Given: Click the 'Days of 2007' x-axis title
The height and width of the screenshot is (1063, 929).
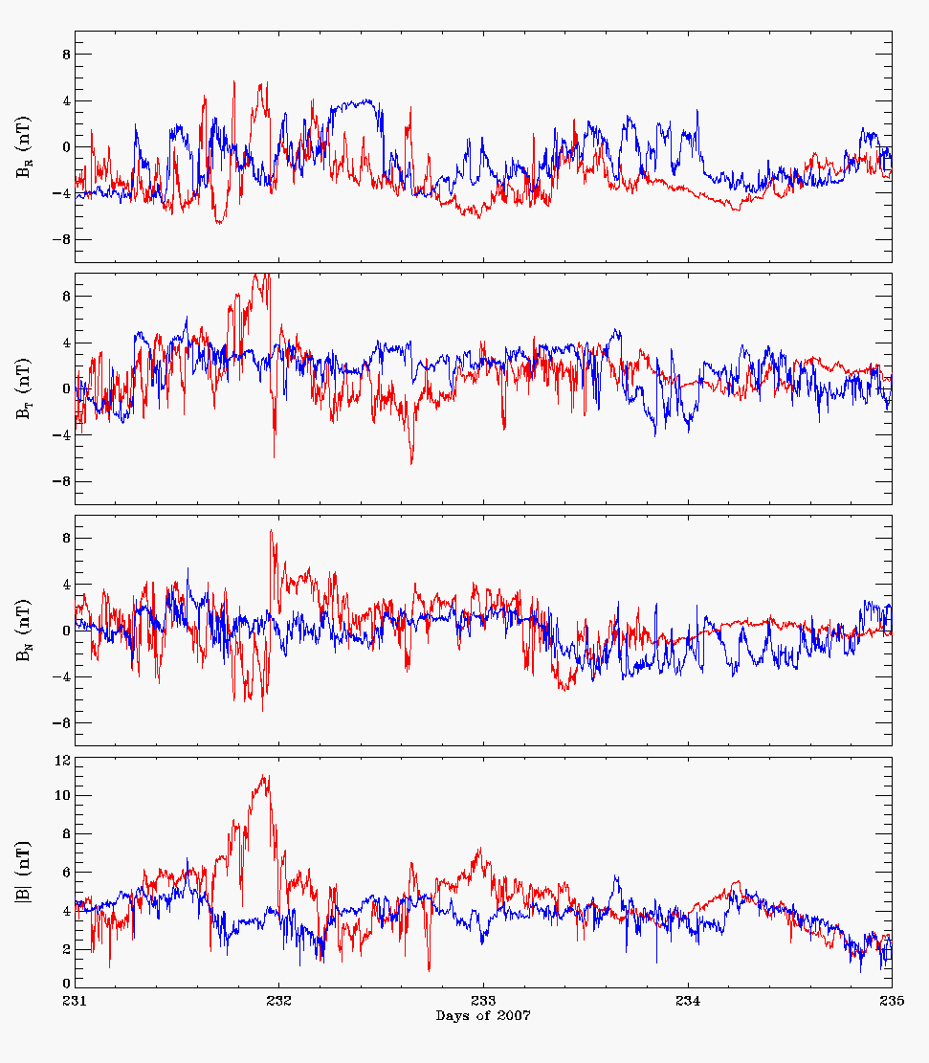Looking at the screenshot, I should [x=483, y=1015].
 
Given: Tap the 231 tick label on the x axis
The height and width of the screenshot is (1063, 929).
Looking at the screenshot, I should [x=75, y=1001].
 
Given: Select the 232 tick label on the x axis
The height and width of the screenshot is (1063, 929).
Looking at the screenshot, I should [x=279, y=1001].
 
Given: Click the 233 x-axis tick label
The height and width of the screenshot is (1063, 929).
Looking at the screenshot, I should [x=483, y=1001].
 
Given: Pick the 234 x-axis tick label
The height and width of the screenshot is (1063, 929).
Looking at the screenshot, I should [x=688, y=1001].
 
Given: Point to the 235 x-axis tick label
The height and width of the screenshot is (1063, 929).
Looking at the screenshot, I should [x=892, y=1001].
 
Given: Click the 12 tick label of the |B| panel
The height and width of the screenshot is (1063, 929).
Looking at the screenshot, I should [x=62, y=761].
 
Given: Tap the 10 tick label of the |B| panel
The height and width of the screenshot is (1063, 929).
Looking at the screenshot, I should [x=62, y=795].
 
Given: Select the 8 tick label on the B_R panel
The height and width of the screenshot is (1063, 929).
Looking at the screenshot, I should [x=66, y=55].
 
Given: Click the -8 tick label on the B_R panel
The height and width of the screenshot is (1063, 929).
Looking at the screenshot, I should [x=62, y=239].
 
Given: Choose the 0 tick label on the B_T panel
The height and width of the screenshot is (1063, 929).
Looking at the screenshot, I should [x=66, y=388].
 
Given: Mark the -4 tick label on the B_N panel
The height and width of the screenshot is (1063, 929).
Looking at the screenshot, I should [x=62, y=676].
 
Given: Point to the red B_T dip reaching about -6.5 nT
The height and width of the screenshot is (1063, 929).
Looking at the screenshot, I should [x=411, y=463].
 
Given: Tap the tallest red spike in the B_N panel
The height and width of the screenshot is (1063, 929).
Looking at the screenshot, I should [x=271, y=531].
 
